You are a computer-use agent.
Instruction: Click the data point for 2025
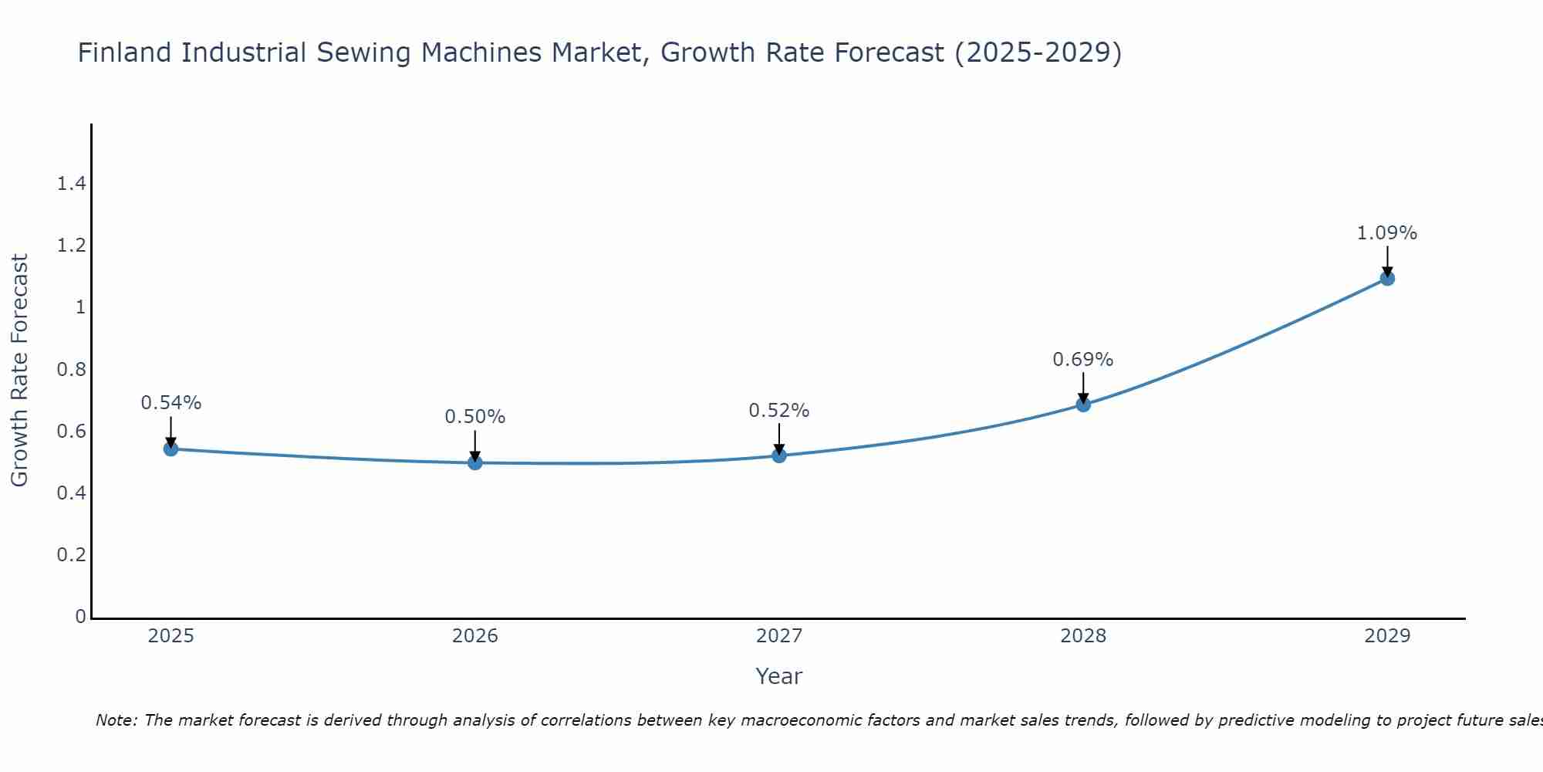[171, 449]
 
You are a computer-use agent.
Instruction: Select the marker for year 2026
[475, 462]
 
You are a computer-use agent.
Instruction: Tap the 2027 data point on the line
[779, 455]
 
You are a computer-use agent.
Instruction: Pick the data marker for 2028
[1083, 405]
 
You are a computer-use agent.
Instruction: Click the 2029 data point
[1387, 278]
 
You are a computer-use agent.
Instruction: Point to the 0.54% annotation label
[171, 403]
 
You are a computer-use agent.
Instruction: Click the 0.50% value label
[475, 417]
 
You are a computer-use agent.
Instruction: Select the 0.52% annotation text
[779, 411]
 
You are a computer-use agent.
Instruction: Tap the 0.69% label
[1083, 360]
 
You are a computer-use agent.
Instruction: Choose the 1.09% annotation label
[1387, 233]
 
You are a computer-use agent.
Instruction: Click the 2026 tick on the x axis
[475, 636]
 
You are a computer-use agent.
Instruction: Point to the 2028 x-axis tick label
[1083, 636]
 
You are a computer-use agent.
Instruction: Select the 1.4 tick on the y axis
[71, 184]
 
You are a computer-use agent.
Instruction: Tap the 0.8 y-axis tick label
[71, 370]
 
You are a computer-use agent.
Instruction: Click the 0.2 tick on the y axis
[71, 555]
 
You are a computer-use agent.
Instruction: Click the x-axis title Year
[779, 676]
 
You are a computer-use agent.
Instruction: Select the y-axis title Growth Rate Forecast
[19, 371]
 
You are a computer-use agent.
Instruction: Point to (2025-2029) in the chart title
[1038, 53]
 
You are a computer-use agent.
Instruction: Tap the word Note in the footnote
[116, 720]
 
